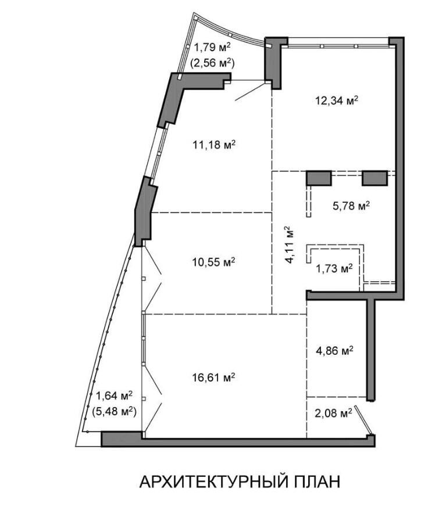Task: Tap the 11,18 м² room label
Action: pos(214,144)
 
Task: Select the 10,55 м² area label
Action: pos(213,261)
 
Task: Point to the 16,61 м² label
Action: pos(213,378)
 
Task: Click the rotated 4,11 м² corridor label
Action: pos(289,245)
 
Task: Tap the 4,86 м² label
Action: pos(334,350)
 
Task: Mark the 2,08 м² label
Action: pos(333,413)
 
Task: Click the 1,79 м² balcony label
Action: pos(213,48)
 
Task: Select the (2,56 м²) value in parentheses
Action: pos(212,62)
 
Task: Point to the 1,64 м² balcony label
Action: pos(114,396)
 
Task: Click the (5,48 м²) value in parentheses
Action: pos(114,411)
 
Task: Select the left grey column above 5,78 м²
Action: pos(319,178)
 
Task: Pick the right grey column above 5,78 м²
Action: pos(375,178)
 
